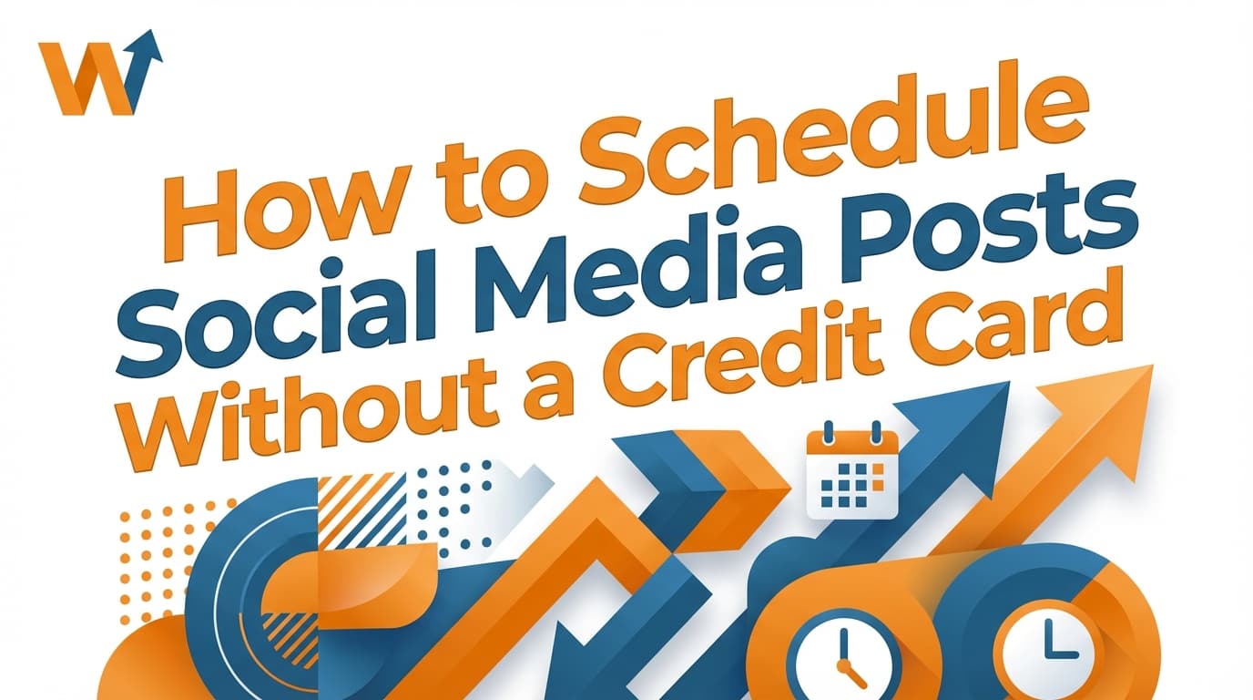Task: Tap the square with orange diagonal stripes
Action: click(x=359, y=510)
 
